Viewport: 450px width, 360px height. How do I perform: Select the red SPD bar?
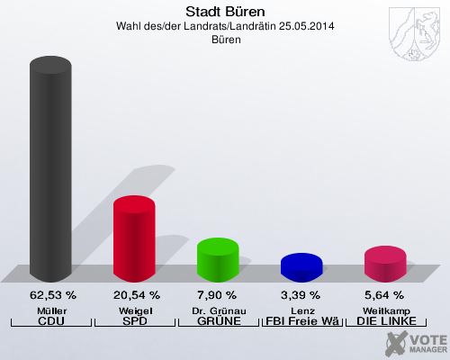click(x=134, y=238)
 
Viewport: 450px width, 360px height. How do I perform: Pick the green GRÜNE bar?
click(x=218, y=258)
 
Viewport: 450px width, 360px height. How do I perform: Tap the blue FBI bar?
click(x=301, y=266)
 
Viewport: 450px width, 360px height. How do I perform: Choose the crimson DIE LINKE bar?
click(x=385, y=263)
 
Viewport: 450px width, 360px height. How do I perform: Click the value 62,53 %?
click(x=53, y=295)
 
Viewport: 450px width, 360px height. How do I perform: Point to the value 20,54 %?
click(x=137, y=295)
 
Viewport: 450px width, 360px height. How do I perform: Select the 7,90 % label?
click(x=217, y=295)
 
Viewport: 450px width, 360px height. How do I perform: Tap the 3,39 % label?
click(x=301, y=295)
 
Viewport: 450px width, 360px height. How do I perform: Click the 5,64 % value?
click(x=384, y=295)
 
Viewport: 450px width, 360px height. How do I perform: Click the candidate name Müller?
click(x=51, y=310)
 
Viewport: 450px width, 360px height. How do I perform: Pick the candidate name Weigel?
click(x=135, y=310)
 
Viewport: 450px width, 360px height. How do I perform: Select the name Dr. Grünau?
click(x=218, y=310)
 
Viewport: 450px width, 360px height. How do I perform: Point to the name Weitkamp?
click(x=385, y=310)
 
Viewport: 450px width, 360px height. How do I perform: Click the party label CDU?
click(x=51, y=321)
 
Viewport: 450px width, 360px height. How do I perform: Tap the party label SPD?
click(x=135, y=321)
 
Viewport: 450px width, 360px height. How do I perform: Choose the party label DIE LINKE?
click(x=385, y=321)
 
